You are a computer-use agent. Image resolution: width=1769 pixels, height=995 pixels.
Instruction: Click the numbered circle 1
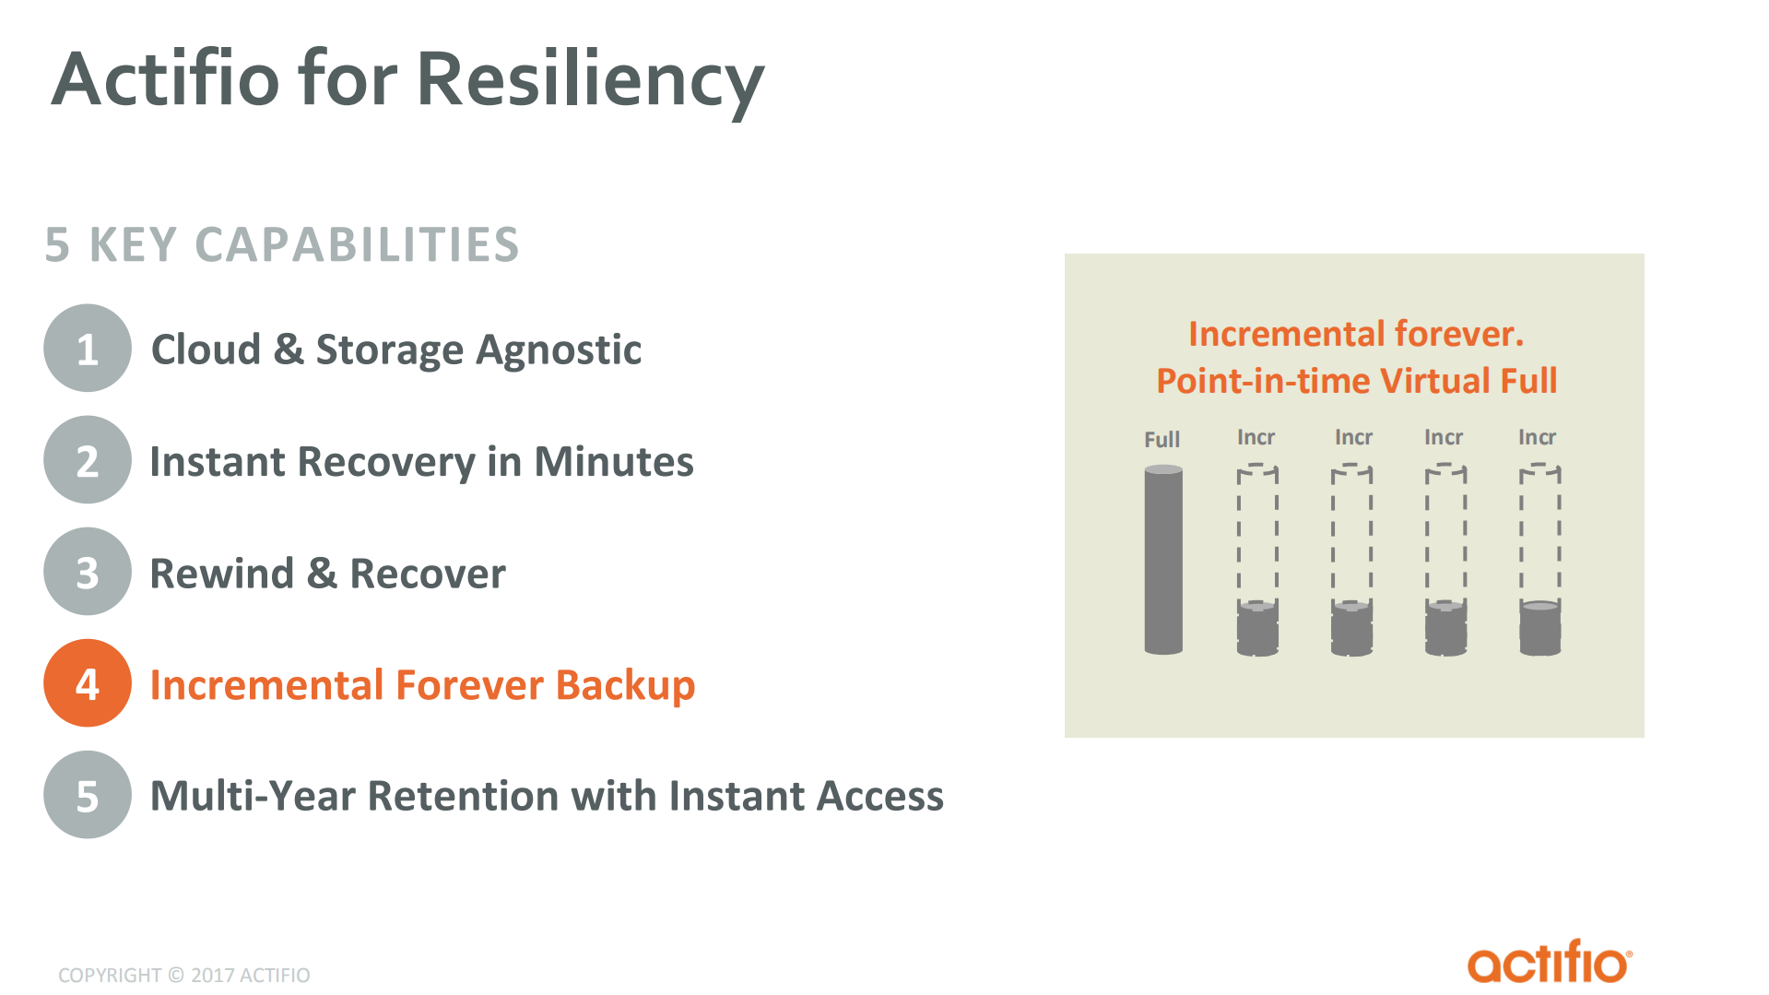[x=88, y=349]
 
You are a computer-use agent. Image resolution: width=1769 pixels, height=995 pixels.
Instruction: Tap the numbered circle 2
[x=88, y=460]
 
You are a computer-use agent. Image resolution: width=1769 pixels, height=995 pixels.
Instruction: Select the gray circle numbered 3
[x=88, y=572]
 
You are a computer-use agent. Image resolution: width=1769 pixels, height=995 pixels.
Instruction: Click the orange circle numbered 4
[x=88, y=683]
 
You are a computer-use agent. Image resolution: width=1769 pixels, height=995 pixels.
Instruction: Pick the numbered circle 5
[x=88, y=795]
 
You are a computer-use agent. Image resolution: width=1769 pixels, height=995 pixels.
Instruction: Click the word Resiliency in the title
[x=590, y=79]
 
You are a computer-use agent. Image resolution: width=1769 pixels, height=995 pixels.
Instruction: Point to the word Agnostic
[x=559, y=349]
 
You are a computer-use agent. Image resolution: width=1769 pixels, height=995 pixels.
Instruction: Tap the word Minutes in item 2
[x=613, y=461]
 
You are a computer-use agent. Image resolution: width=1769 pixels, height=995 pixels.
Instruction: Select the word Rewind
[x=221, y=574]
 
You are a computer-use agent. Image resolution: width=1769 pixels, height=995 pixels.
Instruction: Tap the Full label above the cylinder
[x=1162, y=440]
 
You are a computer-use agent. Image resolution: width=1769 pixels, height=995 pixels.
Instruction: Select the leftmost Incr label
[x=1256, y=437]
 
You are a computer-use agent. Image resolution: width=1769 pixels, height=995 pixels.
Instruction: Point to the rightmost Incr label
[x=1537, y=437]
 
